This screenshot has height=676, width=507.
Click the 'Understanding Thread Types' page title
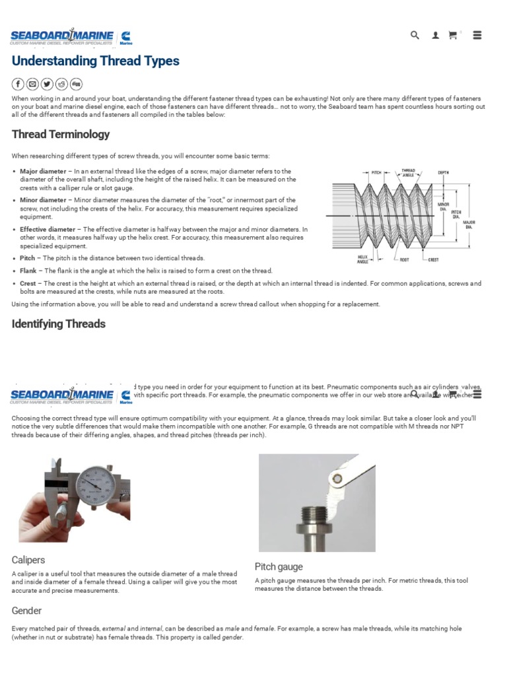(95, 61)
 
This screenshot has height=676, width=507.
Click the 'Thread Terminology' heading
(61, 134)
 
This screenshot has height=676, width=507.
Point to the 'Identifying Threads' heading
(59, 323)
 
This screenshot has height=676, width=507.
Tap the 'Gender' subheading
(26, 611)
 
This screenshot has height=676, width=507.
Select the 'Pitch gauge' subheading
(279, 566)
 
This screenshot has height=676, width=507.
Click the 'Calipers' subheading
(28, 560)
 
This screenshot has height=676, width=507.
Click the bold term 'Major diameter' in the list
(43, 171)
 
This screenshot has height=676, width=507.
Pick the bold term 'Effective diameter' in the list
(48, 229)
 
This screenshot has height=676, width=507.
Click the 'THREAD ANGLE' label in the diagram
(409, 172)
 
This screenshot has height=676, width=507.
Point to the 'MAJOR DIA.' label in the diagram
(469, 224)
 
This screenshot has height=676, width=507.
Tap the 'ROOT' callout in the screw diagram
(403, 259)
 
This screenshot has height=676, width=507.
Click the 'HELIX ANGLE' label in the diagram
(362, 259)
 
